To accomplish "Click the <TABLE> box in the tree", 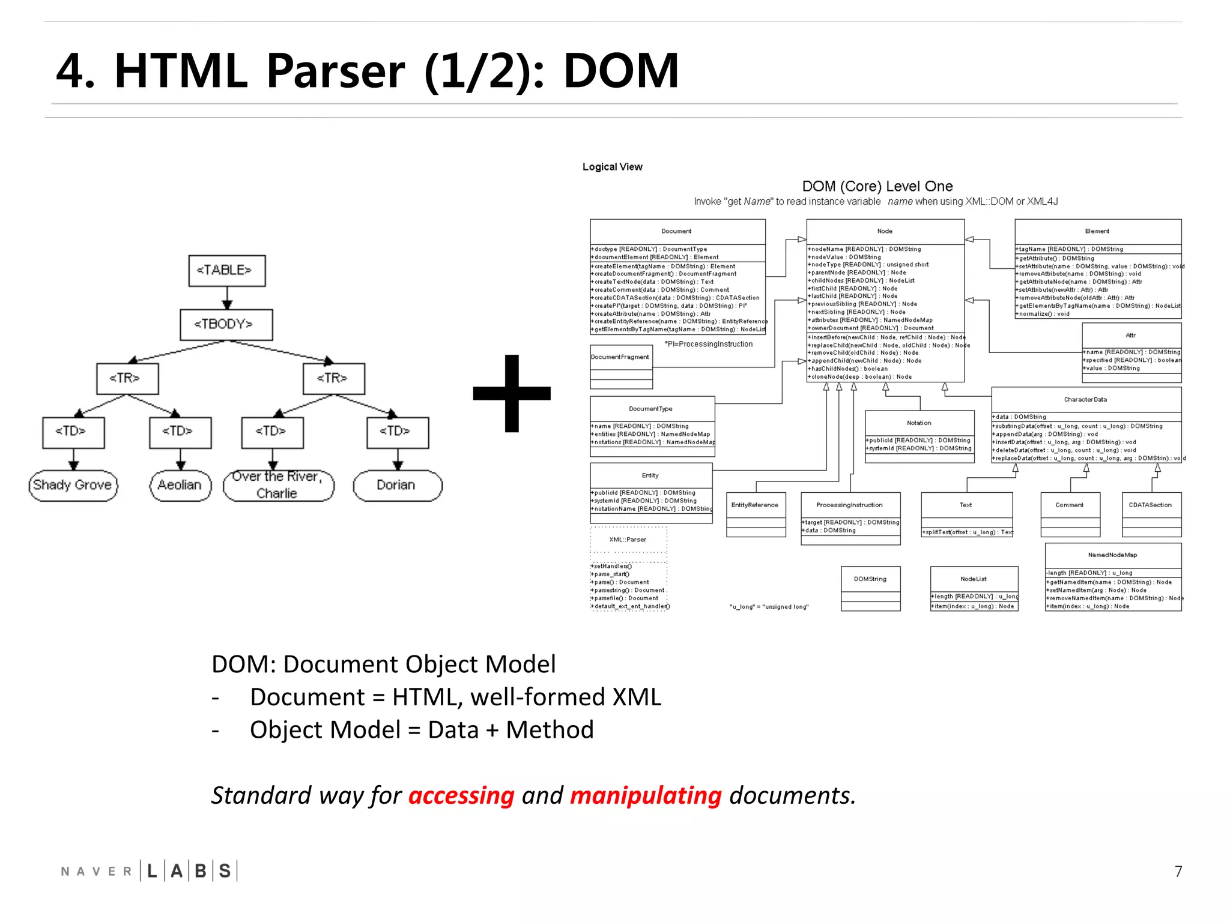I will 226,271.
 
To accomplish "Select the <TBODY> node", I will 226,325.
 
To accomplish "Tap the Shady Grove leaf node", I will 73,485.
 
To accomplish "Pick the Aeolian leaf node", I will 180,485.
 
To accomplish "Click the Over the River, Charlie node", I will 277,485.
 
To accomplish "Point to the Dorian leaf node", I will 397,485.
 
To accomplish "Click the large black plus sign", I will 512,393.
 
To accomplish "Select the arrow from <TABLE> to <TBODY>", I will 226,298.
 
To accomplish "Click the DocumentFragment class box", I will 621,366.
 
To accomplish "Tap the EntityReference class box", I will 756,514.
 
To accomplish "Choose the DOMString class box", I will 870,588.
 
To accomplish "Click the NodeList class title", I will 973,579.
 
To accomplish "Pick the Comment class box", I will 1070,514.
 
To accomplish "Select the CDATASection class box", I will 1151,514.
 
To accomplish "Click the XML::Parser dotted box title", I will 628,540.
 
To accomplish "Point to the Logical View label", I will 612,167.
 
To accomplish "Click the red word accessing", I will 461,796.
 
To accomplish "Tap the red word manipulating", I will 645,796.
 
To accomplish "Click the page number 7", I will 1178,872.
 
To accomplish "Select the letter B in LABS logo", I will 201,871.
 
